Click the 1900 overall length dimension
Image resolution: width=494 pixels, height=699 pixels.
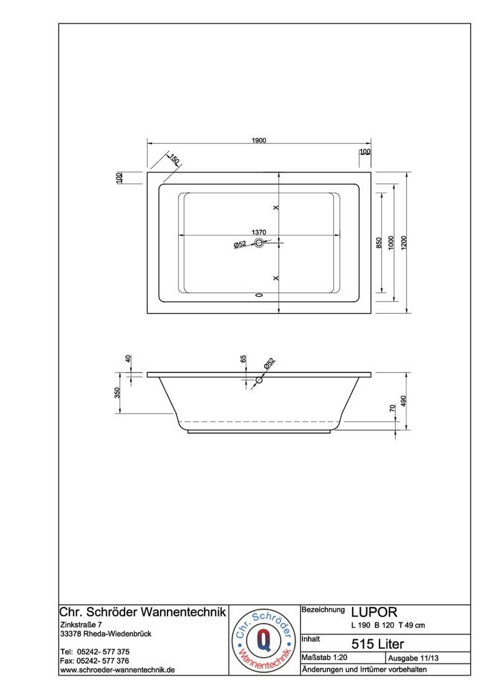(x=259, y=140)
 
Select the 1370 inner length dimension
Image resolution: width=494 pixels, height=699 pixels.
(x=259, y=232)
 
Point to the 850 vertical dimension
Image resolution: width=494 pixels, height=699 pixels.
(x=379, y=242)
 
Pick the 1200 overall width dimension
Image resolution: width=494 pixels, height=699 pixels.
(x=404, y=242)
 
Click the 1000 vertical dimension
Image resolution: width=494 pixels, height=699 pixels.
(x=391, y=242)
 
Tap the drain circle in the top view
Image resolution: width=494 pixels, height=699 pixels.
(x=259, y=242)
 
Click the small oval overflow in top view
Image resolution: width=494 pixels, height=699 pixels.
(x=259, y=294)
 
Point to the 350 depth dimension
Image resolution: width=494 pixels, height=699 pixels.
(x=117, y=392)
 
